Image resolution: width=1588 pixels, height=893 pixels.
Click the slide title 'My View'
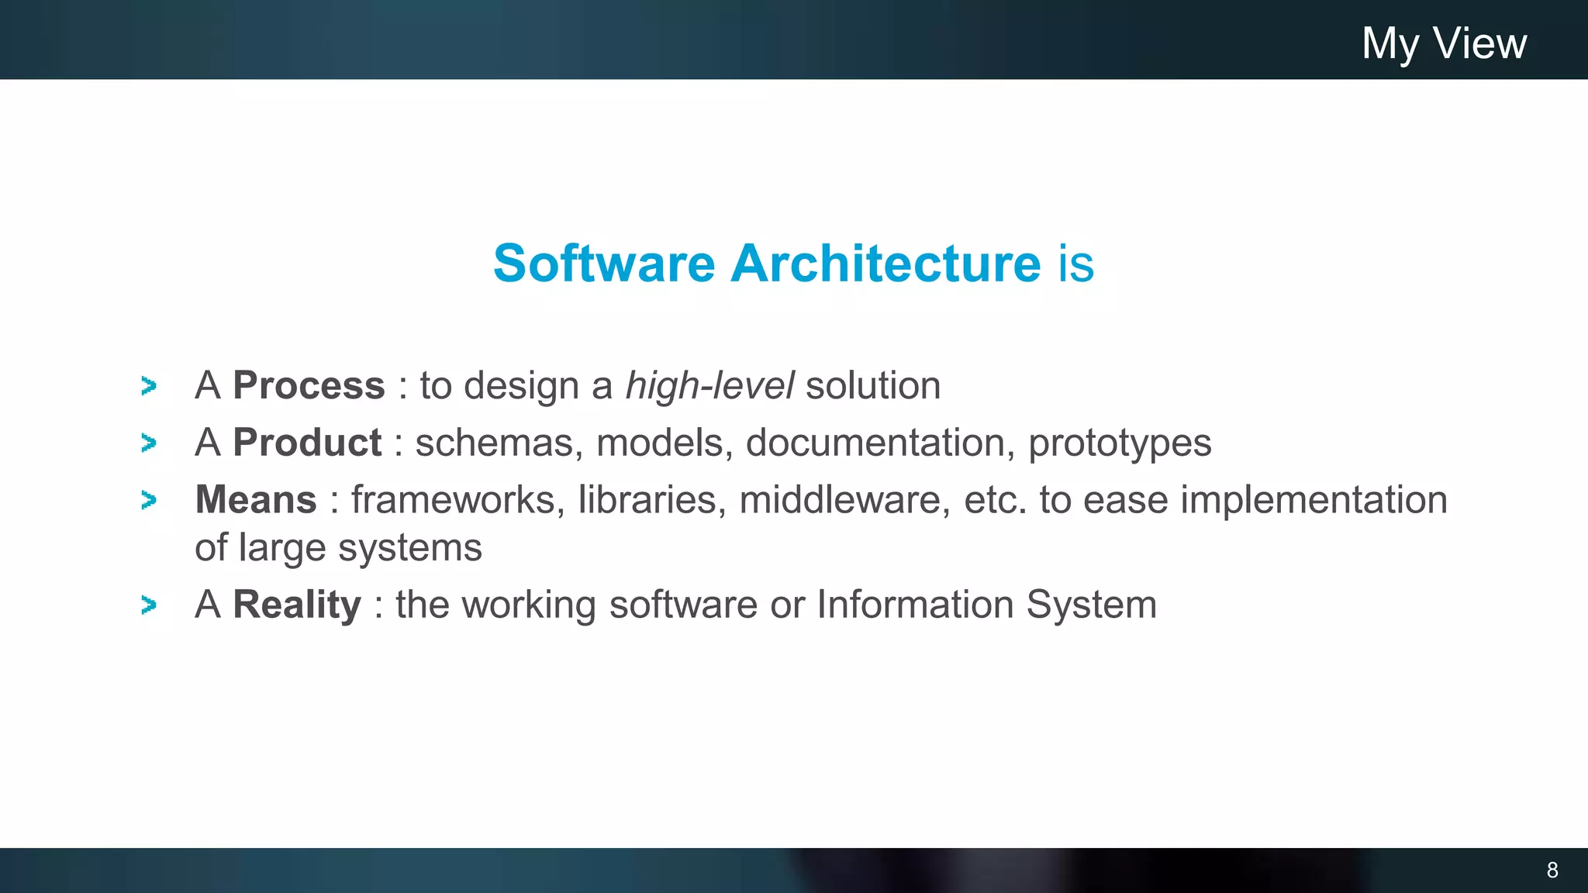tap(1444, 43)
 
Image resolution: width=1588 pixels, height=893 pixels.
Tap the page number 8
tap(1552, 870)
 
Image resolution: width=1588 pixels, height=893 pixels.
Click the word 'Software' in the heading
tap(604, 264)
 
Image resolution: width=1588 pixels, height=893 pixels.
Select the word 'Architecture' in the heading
tap(885, 264)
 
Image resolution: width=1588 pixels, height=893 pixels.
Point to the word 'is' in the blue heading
tap(1076, 264)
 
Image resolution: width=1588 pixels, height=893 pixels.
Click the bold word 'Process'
tap(309, 385)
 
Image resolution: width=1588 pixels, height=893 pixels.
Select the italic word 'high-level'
tap(709, 385)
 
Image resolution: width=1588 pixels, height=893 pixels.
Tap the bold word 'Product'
tap(307, 443)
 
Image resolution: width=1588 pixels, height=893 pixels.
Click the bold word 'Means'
tap(256, 499)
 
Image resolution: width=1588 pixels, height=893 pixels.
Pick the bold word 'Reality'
tap(297, 605)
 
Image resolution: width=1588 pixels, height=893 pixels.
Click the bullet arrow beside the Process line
tap(149, 386)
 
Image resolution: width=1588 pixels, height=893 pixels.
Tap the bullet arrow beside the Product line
tap(149, 443)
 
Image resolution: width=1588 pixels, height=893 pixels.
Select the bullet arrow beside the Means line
tap(149, 500)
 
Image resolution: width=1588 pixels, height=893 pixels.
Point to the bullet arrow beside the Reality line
tap(149, 605)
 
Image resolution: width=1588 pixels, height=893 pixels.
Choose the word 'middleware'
tap(844, 499)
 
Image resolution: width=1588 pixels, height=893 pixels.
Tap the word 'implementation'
tap(1314, 500)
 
